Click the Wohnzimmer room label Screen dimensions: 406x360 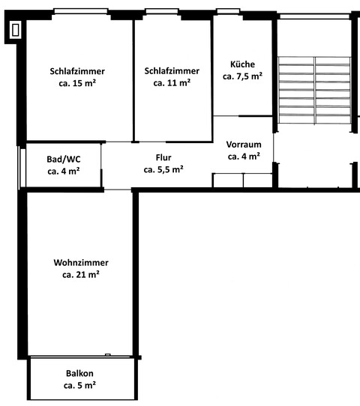(81, 263)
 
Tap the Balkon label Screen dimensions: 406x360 (79, 373)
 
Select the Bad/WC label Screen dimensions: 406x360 (64, 159)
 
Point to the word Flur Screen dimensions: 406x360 (164, 157)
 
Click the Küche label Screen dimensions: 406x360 (242, 64)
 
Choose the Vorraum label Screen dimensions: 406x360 (244, 145)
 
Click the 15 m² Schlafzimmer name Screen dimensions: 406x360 (77, 71)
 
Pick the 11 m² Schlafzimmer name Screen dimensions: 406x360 (172, 71)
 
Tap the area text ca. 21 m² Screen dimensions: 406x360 (81, 275)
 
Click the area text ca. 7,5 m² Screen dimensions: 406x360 (242, 76)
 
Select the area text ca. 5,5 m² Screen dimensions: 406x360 (164, 169)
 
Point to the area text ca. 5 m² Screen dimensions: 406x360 (79, 385)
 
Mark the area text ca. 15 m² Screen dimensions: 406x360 (77, 83)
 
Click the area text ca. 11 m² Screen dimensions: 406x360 (172, 83)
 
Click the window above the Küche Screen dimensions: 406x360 (228, 12)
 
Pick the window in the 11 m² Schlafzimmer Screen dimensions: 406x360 (161, 12)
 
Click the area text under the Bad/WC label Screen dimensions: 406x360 (64, 171)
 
